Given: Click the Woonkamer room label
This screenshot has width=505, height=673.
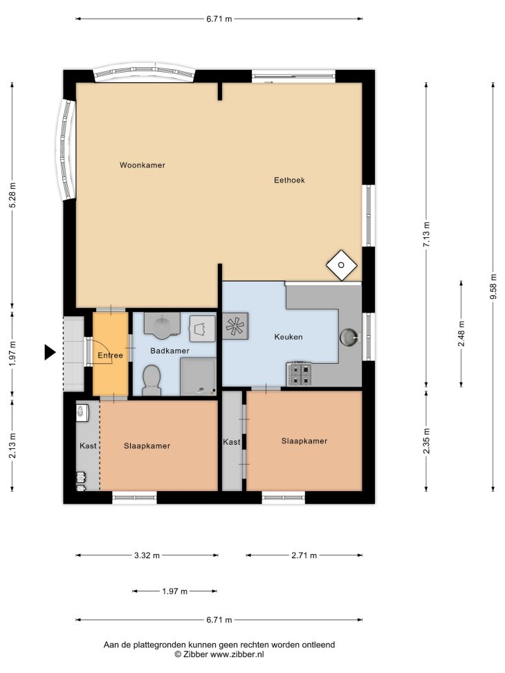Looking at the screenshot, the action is click(142, 165).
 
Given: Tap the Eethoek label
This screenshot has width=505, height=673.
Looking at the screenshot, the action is click(289, 180).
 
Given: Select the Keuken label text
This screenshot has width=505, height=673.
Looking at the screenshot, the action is click(288, 337).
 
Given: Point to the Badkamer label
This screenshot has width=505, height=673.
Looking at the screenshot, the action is click(169, 351).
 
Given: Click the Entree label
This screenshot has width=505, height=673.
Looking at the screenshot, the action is click(111, 355).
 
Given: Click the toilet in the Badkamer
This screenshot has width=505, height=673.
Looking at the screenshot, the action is click(151, 380).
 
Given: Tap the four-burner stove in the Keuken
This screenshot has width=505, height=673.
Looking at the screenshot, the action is click(299, 374).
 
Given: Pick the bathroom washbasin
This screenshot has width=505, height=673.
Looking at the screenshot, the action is click(162, 323).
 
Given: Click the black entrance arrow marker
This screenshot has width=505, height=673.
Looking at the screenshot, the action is click(50, 352).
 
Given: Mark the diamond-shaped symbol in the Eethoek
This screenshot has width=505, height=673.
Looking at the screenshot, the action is click(341, 265).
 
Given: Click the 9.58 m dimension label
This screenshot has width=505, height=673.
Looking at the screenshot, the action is click(493, 286).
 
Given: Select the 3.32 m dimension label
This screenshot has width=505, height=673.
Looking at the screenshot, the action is click(147, 555).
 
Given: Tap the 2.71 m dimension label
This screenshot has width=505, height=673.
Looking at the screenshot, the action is click(304, 555).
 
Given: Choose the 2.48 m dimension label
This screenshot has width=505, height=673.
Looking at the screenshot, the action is click(461, 334).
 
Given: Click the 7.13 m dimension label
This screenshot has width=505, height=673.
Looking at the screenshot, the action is click(426, 234).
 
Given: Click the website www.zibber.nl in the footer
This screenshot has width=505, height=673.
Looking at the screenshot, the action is click(237, 654).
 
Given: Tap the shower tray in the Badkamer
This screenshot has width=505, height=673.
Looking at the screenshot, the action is click(199, 376).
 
